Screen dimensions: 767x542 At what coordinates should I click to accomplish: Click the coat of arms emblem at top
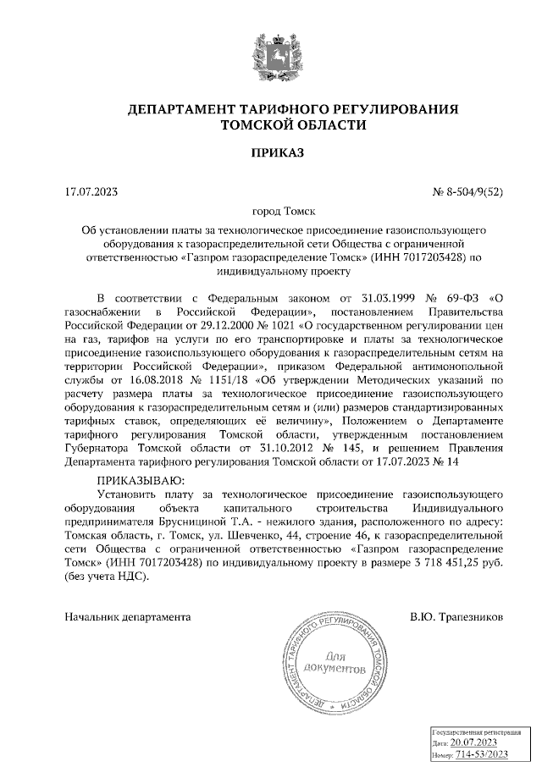tap(270, 53)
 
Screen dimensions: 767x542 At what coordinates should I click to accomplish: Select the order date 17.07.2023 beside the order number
tap(91, 191)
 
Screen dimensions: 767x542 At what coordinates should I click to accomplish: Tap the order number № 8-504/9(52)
tap(467, 191)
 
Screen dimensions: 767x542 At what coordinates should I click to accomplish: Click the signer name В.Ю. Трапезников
tap(456, 617)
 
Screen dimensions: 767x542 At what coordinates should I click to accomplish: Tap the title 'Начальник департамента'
tap(127, 617)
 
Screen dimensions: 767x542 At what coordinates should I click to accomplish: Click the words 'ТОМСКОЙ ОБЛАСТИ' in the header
tap(293, 125)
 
